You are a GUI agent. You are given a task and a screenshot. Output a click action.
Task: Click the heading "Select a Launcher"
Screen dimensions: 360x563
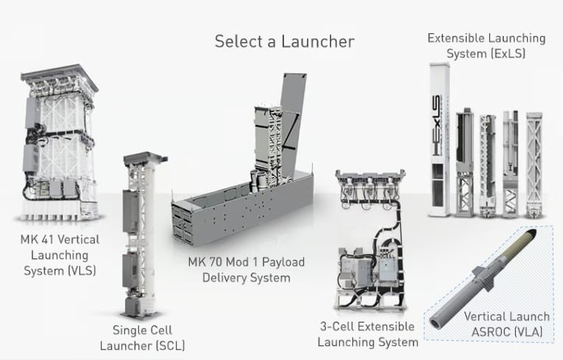(x=284, y=41)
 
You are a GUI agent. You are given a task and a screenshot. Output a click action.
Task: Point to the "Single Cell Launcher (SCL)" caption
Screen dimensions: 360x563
(x=149, y=337)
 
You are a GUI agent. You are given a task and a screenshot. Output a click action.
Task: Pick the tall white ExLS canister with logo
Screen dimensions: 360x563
(x=439, y=140)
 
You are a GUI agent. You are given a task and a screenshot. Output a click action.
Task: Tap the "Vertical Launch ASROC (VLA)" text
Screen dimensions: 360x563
(x=506, y=324)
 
